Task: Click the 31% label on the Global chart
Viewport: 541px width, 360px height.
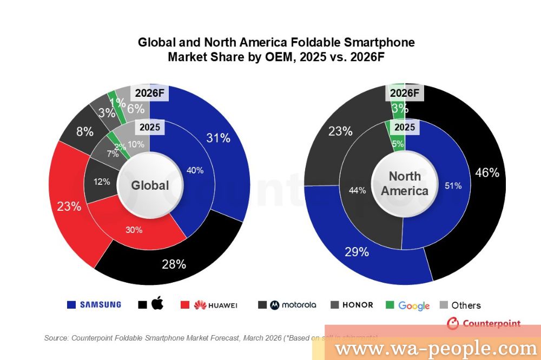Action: [x=218, y=138]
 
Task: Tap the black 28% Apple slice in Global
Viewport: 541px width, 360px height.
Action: [x=174, y=264]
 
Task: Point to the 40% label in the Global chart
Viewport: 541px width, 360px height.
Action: [x=195, y=170]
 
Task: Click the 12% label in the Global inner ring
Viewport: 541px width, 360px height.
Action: [x=101, y=182]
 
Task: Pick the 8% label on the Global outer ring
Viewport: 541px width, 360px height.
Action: [x=84, y=131]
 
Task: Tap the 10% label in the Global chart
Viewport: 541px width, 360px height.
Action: [x=136, y=144]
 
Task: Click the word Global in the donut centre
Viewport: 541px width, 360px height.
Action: [x=150, y=185]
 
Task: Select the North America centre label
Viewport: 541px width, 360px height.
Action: [x=405, y=183]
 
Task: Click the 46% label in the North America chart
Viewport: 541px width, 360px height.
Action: [x=486, y=172]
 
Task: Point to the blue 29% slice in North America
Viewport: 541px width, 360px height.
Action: [x=357, y=252]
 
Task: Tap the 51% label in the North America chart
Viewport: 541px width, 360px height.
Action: [x=453, y=185]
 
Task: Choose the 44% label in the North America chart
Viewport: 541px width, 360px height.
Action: [x=358, y=190]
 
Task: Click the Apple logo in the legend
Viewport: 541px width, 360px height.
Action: [x=157, y=304]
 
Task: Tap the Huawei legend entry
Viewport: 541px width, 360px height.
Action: [x=215, y=305]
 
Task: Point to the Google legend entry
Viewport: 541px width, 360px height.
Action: [x=414, y=305]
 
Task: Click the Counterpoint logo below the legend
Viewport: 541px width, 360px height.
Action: [x=484, y=323]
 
